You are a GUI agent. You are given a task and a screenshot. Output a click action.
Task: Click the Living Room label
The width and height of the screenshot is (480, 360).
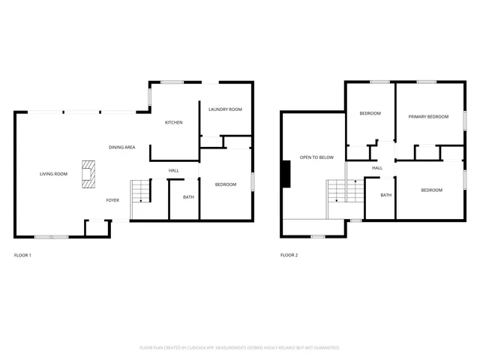[x=54, y=174]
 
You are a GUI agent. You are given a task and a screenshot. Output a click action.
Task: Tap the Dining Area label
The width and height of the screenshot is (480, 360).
[x=121, y=147]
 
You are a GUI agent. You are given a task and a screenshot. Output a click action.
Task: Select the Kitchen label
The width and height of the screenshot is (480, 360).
[x=174, y=122]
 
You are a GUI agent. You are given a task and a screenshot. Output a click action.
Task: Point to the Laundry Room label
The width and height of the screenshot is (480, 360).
[x=225, y=109]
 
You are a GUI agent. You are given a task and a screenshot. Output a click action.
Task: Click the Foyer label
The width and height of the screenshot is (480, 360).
[x=112, y=200]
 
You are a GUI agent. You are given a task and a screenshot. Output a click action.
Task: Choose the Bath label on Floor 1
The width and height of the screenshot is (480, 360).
[x=188, y=197]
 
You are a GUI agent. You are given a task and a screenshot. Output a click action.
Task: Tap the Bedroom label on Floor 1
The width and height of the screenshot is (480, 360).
[x=226, y=184]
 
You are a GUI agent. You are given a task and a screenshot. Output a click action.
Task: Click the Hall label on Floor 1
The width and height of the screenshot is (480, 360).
[x=173, y=170]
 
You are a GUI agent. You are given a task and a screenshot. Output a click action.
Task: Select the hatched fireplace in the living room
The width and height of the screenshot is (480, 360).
[x=88, y=173]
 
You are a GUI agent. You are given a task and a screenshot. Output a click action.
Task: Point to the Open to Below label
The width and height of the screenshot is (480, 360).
[x=316, y=157]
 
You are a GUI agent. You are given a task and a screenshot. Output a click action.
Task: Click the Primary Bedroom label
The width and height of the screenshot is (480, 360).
[x=428, y=117]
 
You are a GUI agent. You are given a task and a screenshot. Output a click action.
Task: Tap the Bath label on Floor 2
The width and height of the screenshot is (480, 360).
[x=385, y=195]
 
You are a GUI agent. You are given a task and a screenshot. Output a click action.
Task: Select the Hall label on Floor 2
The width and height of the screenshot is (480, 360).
[x=377, y=168]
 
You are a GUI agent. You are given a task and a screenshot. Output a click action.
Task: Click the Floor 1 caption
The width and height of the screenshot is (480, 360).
[x=22, y=256]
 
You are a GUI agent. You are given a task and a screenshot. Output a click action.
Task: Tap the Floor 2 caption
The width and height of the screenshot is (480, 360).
[x=289, y=256]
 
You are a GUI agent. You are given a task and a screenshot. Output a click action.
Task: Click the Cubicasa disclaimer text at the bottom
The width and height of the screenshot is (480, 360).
[x=239, y=348]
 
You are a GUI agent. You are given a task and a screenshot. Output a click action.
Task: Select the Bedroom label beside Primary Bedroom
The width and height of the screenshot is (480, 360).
[x=370, y=113]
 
